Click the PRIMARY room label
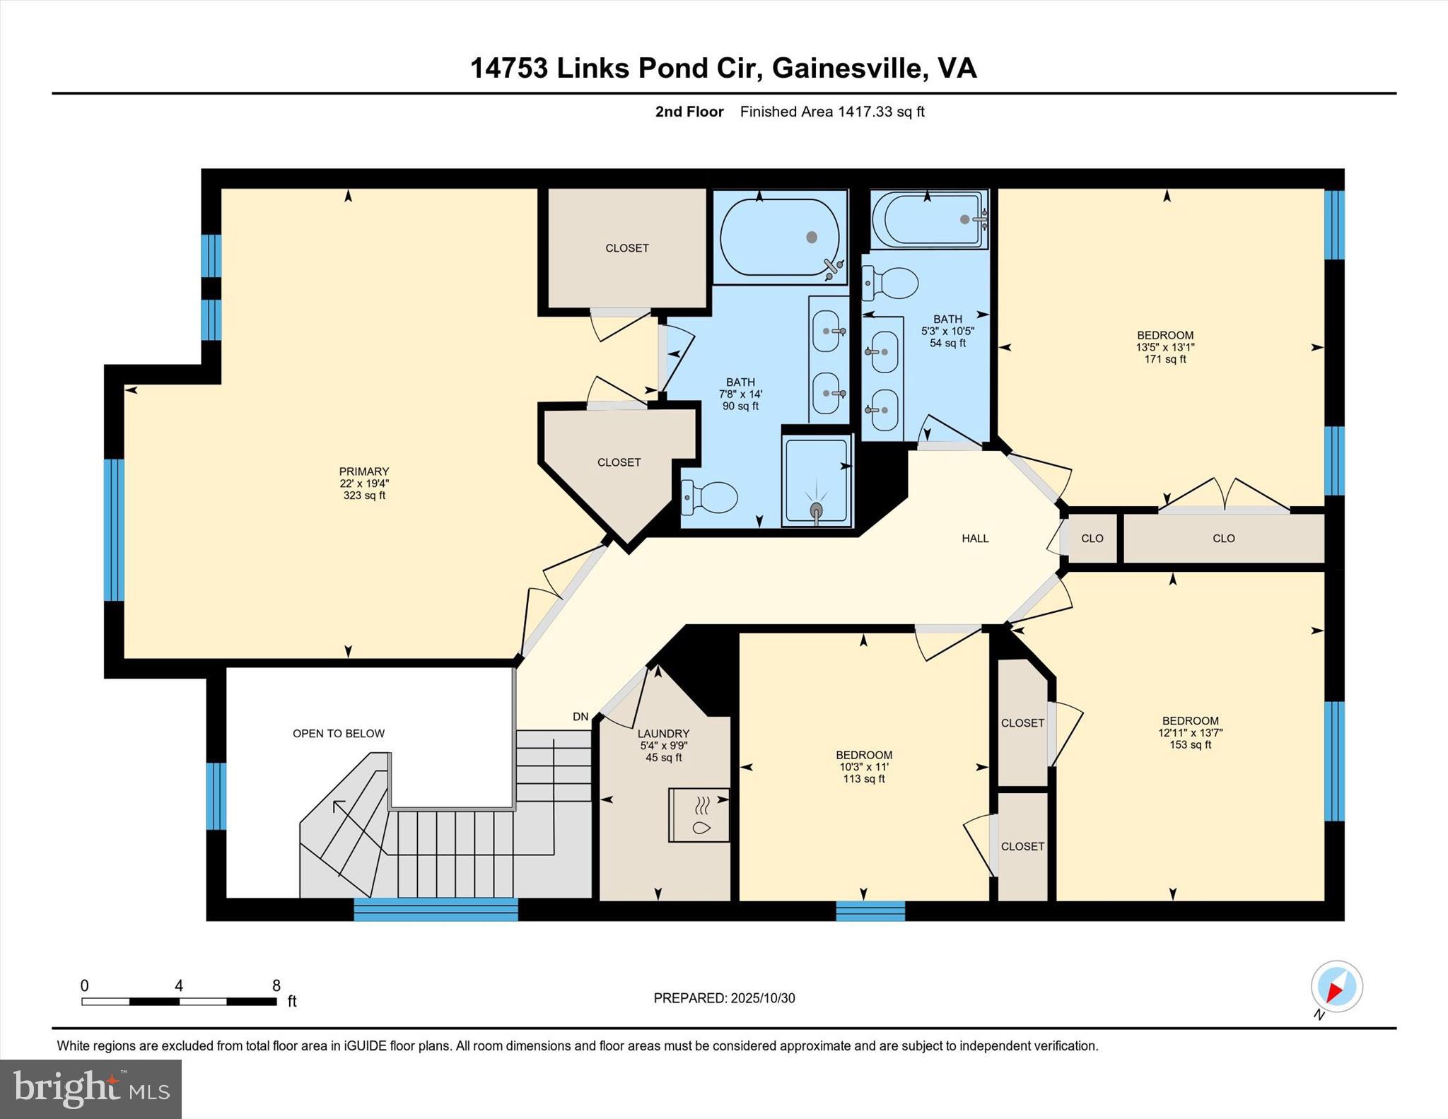363,471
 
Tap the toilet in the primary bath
709,498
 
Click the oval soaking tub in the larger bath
779,237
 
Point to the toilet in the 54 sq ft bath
889,283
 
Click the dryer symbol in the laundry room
699,815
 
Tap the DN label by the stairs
580,717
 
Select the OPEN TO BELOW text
339,734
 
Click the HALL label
975,539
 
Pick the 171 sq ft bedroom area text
1165,359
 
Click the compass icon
1336,987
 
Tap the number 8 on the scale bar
276,985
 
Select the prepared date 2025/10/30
763,998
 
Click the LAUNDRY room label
663,734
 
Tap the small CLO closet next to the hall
1092,539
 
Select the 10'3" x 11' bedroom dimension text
863,767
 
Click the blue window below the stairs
436,909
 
